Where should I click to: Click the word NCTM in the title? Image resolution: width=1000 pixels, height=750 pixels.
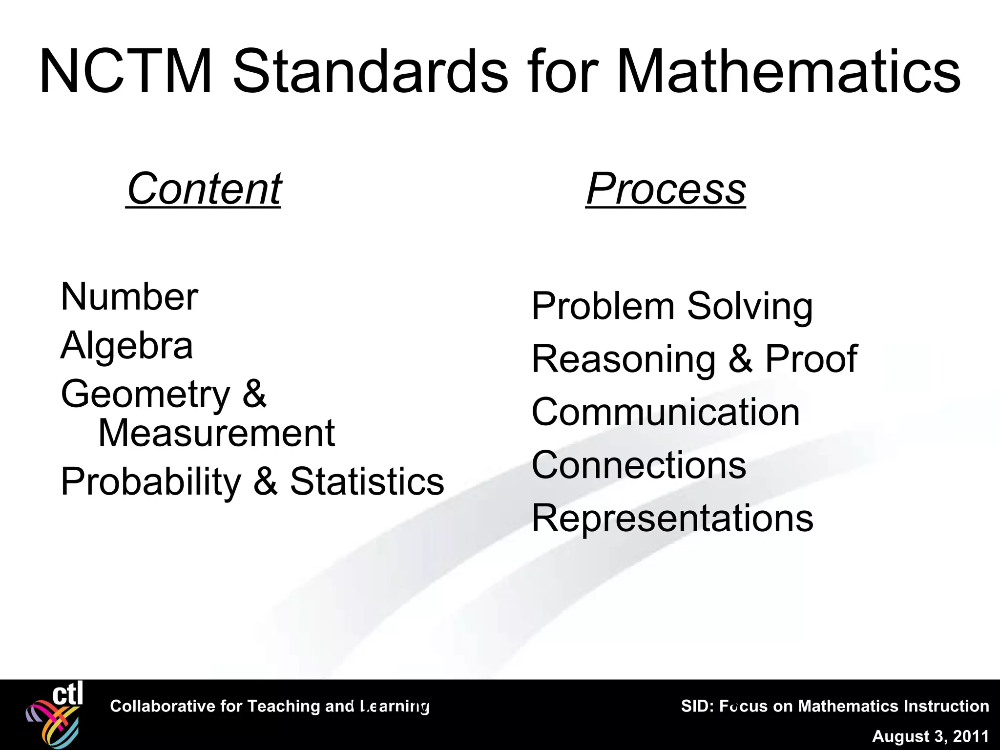(125, 72)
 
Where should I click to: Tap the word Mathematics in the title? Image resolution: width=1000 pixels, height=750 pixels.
(788, 72)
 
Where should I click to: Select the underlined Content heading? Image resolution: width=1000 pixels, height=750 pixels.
(204, 189)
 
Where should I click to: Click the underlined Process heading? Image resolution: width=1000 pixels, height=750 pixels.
(666, 189)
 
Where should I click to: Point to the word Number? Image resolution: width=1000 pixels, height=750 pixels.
(129, 297)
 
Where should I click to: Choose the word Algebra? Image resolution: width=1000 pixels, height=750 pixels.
(127, 346)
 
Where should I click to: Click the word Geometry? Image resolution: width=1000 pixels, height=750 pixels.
(146, 395)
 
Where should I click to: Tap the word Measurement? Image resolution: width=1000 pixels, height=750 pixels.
(216, 433)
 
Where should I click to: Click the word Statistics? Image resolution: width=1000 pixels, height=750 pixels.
(367, 481)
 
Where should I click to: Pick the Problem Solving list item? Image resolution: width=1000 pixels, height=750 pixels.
(672, 307)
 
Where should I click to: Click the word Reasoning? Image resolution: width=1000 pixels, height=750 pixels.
(624, 359)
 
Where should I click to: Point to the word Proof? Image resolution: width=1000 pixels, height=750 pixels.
(811, 359)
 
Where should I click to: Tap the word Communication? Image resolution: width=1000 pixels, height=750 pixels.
(666, 412)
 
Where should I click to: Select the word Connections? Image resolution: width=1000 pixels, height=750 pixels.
(639, 465)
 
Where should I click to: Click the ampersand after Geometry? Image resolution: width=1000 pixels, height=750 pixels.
(254, 394)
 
